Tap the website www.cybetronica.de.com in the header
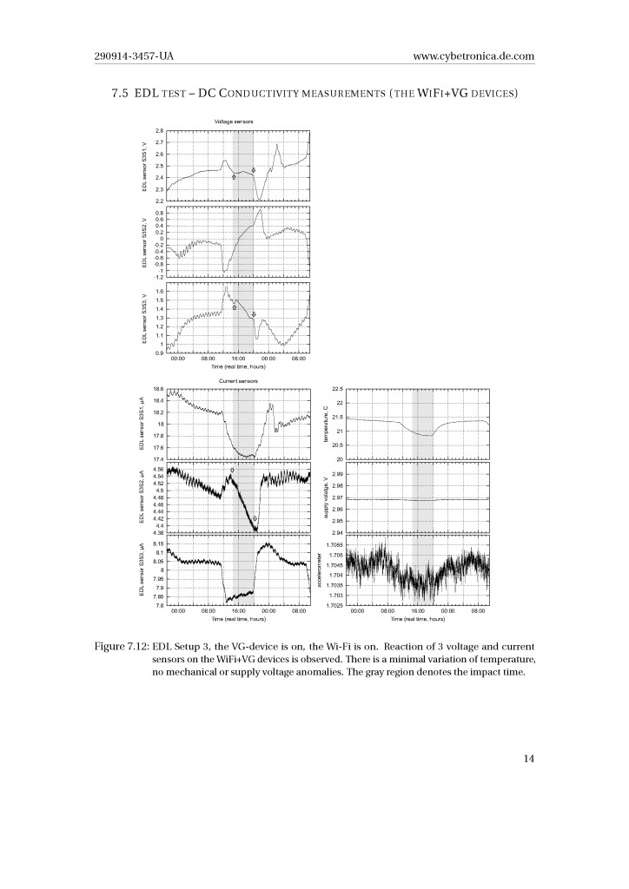(x=475, y=57)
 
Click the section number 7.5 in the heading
(x=121, y=93)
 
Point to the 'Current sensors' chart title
(x=234, y=381)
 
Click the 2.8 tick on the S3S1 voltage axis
(x=157, y=130)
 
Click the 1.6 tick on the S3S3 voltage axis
(x=157, y=292)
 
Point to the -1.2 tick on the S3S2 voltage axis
(x=156, y=276)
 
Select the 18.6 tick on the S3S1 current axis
(x=157, y=389)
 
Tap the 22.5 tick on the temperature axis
(x=339, y=389)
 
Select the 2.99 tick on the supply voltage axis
(x=338, y=474)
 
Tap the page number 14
(x=528, y=759)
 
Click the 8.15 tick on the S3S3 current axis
(x=156, y=543)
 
